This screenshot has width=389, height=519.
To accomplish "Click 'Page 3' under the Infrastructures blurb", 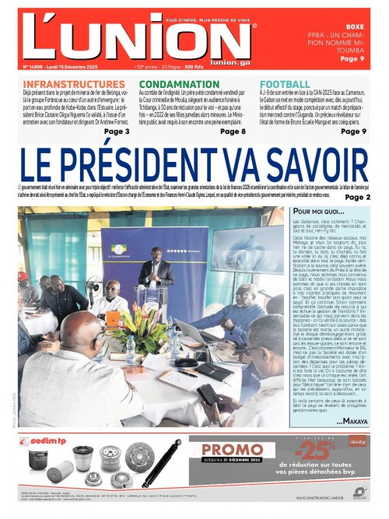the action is [x=116, y=132].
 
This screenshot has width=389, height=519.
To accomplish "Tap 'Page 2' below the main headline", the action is [x=358, y=198].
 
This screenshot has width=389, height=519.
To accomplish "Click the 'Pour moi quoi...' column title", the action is [x=318, y=212].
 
